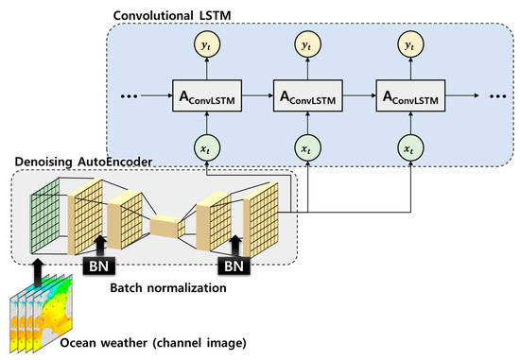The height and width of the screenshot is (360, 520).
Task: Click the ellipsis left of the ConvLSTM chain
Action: pos(130,96)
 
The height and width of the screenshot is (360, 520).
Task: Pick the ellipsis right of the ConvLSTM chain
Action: pos(491,96)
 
